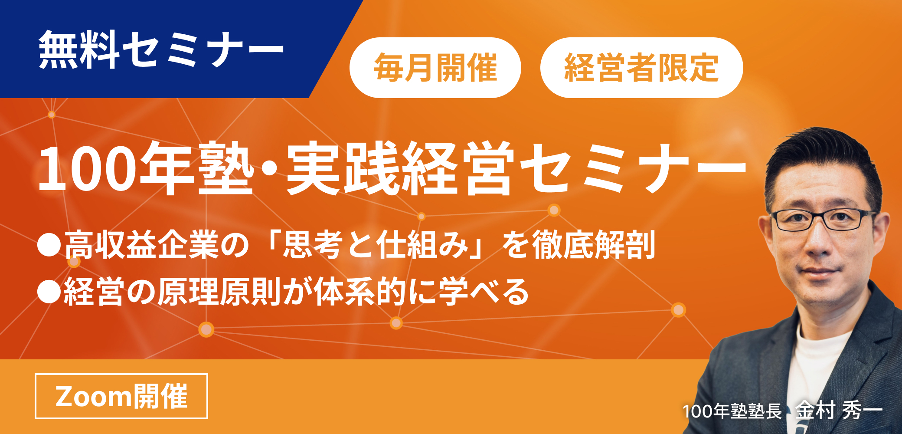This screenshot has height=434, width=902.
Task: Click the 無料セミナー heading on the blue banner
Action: click(x=161, y=50)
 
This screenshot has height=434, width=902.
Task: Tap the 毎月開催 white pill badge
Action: click(x=435, y=68)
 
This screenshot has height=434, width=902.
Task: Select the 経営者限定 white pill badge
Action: click(x=641, y=68)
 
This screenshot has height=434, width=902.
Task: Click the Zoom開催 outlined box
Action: click(x=121, y=396)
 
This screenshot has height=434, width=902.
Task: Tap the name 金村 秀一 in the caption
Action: click(x=839, y=410)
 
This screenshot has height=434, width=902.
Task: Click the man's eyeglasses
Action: click(x=822, y=219)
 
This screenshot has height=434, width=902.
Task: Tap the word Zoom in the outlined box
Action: click(x=93, y=396)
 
